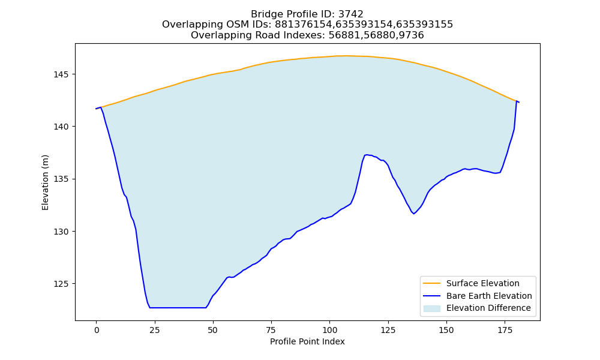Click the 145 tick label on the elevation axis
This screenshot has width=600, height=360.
61,74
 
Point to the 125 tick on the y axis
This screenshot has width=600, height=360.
61,284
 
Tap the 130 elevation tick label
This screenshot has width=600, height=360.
61,232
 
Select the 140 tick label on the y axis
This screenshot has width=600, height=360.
61,127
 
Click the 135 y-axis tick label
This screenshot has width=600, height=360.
61,179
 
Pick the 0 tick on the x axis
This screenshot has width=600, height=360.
97,330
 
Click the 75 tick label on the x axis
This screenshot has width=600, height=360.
271,330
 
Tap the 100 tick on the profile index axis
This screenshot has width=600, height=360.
329,330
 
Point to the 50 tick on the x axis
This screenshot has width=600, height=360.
213,330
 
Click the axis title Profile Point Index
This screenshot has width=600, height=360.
307,341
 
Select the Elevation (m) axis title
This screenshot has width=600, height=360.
45,182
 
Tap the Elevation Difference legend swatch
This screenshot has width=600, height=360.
431,308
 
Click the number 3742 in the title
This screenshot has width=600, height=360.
350,14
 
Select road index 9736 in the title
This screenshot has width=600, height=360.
411,35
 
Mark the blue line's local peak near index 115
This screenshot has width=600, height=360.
366,155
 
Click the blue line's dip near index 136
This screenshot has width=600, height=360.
413,214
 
